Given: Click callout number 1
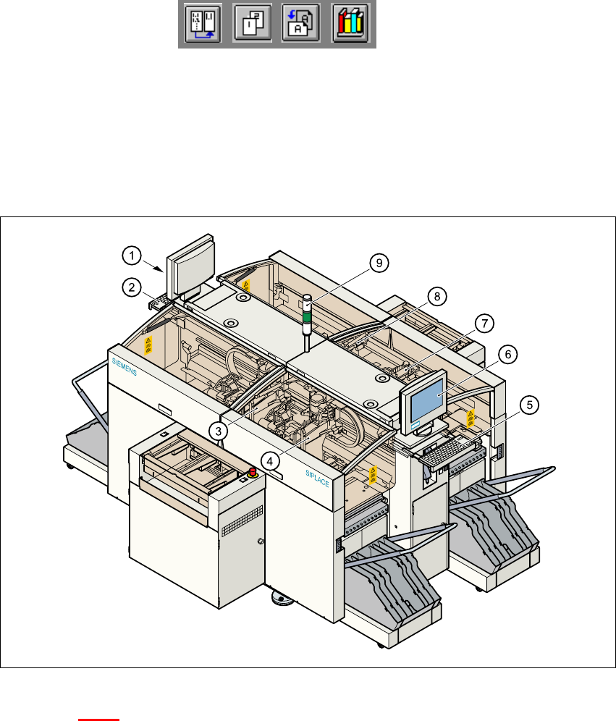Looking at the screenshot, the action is coord(131,255).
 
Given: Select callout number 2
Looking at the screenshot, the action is coord(131,287).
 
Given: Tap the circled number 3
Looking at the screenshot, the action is coord(216,430).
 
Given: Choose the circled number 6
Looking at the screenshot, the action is coord(508,354).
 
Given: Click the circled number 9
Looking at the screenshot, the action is coord(376,263).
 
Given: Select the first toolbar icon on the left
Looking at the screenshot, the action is coord(202,24).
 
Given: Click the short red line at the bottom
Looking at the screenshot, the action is coord(98,720).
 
